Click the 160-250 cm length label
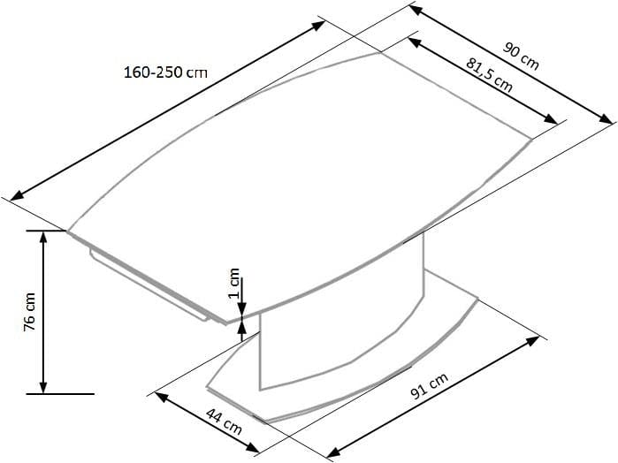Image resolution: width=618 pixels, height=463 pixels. click(165, 72)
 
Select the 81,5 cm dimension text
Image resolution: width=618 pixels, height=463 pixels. click(488, 73)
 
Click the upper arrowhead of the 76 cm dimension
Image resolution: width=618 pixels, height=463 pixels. click(42, 236)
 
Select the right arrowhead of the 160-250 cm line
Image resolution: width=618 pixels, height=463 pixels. click(322, 24)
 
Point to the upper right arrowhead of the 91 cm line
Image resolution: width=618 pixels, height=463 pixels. click(535, 339)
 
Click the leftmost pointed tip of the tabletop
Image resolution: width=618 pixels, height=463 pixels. click(69, 231)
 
